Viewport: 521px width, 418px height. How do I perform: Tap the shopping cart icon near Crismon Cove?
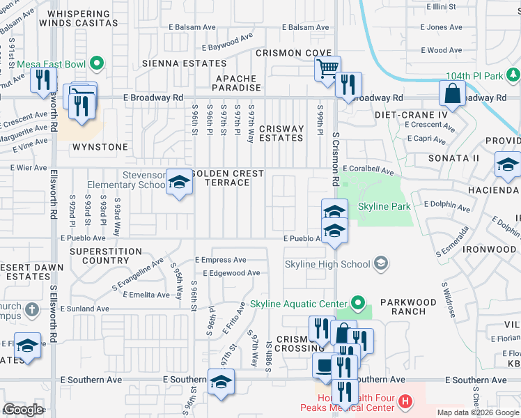[327, 70]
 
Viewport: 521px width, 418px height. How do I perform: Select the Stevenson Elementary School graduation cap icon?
[180, 183]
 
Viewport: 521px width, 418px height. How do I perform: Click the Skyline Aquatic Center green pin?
[357, 303]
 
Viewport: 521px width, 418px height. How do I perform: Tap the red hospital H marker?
[405, 402]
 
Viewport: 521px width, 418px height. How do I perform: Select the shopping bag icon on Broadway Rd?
[452, 94]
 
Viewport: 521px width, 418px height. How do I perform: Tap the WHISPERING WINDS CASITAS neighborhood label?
[80, 19]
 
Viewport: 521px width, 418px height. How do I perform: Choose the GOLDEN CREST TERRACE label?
[228, 178]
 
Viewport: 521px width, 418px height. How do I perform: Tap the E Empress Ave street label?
[221, 260]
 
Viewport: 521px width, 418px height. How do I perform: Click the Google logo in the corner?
[23, 410]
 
